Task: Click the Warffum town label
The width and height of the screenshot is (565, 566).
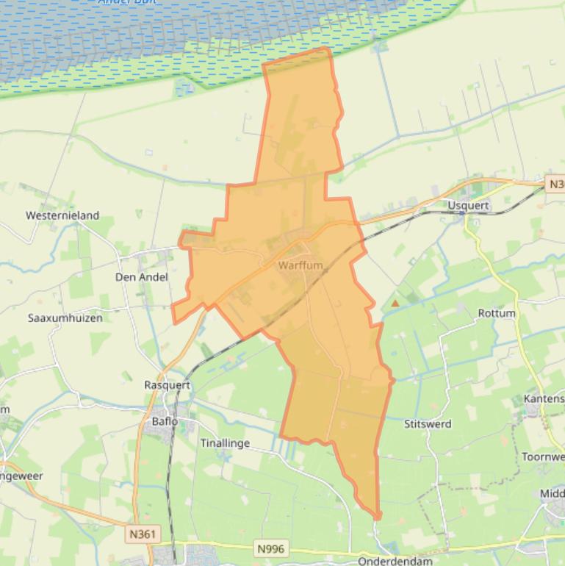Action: [301, 265]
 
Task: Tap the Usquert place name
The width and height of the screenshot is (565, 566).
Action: [468, 205]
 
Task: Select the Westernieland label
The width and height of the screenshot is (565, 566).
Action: [62, 215]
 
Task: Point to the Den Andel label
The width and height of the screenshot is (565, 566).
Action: [142, 277]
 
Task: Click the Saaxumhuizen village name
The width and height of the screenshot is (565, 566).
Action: [65, 318]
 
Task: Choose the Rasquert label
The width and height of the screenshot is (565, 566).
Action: [168, 384]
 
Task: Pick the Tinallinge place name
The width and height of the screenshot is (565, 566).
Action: [226, 443]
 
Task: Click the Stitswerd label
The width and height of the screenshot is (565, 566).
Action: [428, 423]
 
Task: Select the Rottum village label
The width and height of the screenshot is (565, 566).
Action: [497, 313]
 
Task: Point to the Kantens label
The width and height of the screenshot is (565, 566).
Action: [544, 398]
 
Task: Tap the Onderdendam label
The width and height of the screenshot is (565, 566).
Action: [395, 561]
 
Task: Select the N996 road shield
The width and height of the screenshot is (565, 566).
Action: [270, 548]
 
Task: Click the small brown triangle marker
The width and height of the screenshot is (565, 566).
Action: [395, 303]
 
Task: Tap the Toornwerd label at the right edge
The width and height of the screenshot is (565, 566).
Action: [543, 456]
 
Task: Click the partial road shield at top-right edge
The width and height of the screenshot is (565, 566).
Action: [556, 184]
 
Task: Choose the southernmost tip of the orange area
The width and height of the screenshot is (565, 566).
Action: [378, 518]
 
